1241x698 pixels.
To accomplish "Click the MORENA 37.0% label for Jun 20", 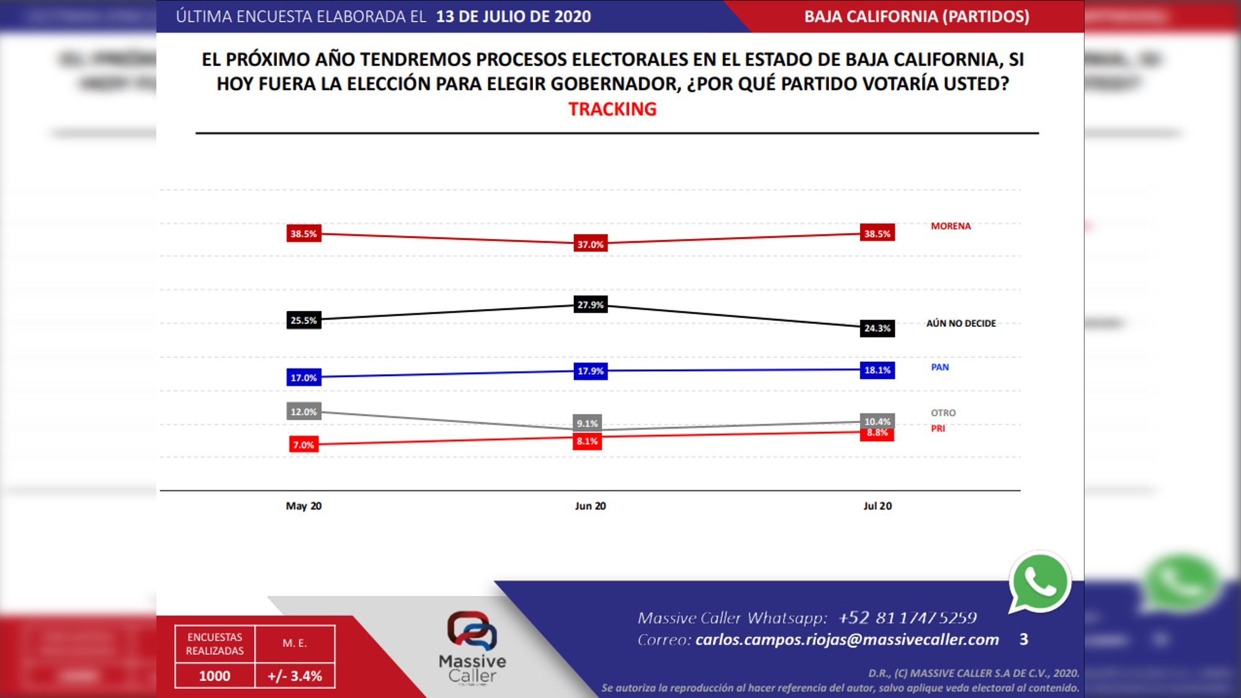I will pos(590,244).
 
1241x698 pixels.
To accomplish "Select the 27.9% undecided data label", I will pos(590,305).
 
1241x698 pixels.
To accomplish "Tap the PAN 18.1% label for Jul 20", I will pos(877,370).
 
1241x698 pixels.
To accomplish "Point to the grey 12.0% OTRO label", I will pos(303,412).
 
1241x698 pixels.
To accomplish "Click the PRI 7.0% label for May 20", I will pos(303,445).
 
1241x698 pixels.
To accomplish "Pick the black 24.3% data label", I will pos(877,328).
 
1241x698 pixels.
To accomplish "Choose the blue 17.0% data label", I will pos(303,378).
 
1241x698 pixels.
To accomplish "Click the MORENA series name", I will pos(951,226).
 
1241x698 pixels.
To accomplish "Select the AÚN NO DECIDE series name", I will pos(961,323).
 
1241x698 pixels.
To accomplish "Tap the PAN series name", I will pos(939,367).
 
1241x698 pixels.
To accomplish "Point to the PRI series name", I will pos(938,429).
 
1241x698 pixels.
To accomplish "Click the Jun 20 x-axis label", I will pos(590,506).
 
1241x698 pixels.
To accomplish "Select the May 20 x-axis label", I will pos(303,506).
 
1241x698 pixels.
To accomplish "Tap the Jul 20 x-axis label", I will pos(877,506).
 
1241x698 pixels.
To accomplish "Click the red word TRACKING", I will pos(612,109).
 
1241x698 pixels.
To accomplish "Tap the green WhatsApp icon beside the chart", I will pos(1040,582).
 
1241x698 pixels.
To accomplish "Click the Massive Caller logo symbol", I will pos(472,630).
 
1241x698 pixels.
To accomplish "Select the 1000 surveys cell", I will pos(215,676).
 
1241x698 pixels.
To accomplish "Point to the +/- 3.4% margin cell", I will pos(295,676).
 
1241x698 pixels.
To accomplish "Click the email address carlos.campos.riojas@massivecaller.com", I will pos(847,640).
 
